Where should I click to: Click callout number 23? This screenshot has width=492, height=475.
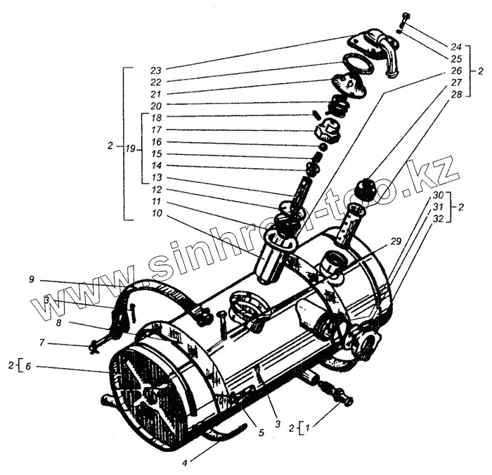[155, 70]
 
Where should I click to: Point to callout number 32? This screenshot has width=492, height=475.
[438, 220]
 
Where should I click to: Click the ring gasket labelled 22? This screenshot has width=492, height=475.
[361, 63]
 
